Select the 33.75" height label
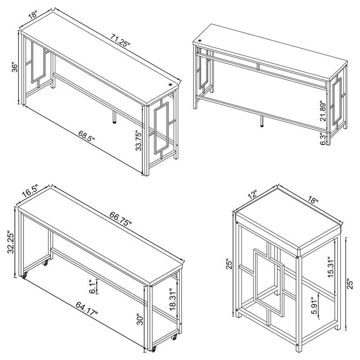coord(139,141)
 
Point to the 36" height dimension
coord(14,68)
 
